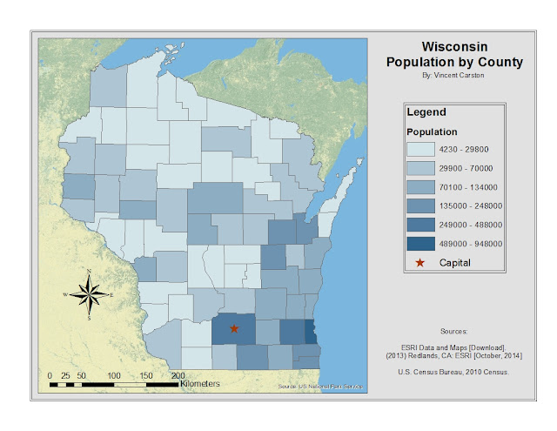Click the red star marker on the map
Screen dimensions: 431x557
pos(233,328)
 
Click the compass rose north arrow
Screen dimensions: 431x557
pos(90,295)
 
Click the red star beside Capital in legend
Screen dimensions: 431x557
pos(422,262)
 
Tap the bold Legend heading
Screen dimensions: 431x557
pos(426,112)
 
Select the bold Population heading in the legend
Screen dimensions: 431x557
pos(433,131)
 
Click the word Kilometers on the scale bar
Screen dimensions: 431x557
pos(200,383)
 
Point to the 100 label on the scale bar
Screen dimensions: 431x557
pos(113,374)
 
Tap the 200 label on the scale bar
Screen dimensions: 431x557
pos(178,374)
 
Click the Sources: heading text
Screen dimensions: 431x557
pos(453,332)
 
